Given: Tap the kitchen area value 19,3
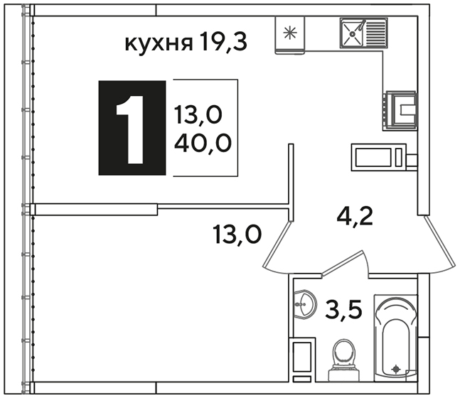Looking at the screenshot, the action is (223, 41).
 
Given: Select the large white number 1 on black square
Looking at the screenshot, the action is (131, 129).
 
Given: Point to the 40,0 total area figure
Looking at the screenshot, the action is (203, 144).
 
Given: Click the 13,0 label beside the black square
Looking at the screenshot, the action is (198, 114).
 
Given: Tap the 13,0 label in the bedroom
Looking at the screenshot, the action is (237, 235).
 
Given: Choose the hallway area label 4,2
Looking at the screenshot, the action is (355, 216).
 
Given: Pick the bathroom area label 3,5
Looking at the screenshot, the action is (343, 309).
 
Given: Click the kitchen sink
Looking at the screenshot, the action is (363, 33).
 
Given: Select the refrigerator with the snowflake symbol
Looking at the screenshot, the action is (290, 36).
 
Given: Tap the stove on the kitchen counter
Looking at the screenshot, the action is (400, 111).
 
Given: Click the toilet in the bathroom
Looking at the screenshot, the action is (343, 360).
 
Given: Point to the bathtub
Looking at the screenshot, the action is (395, 338).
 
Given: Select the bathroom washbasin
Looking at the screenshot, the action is (305, 304).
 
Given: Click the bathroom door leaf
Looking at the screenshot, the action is (343, 263).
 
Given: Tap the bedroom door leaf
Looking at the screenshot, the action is (277, 244).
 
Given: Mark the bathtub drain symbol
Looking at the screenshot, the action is (396, 369).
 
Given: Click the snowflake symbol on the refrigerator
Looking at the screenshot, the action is (290, 33).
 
